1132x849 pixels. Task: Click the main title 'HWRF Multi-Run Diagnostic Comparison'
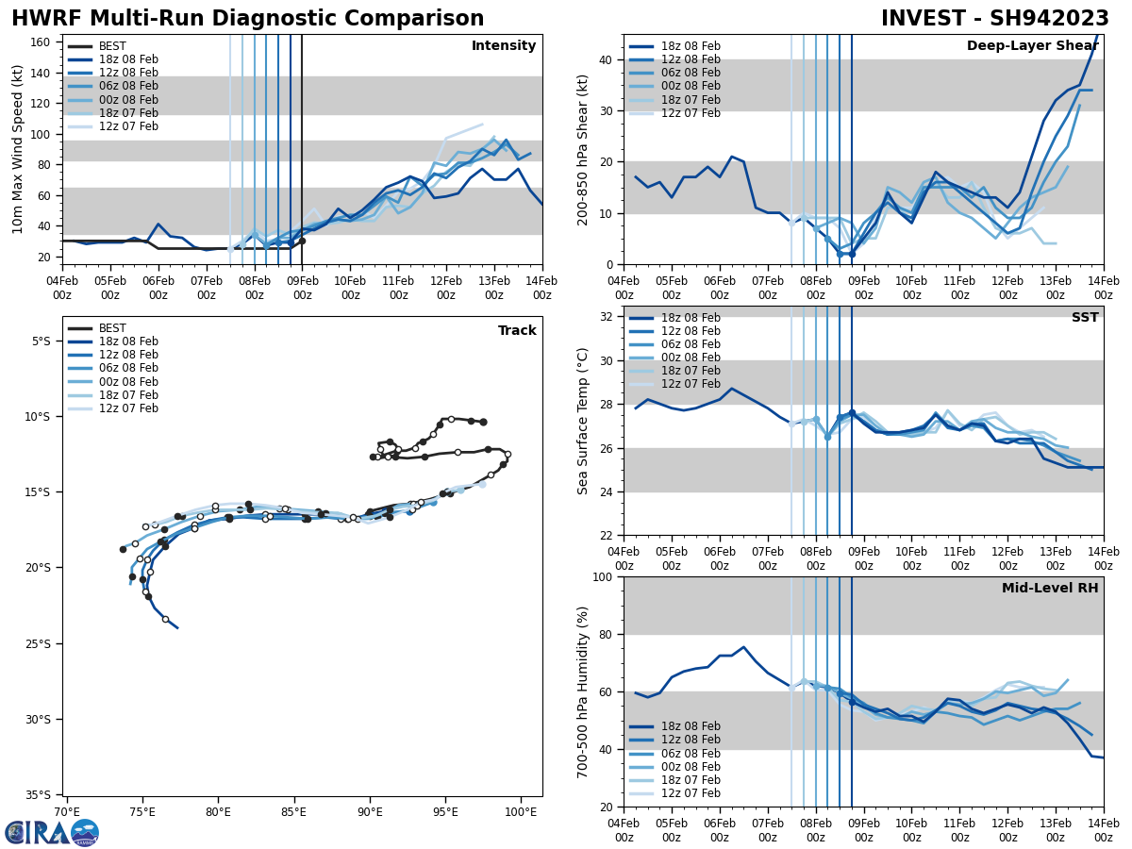coord(247,19)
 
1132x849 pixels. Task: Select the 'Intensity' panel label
coord(504,46)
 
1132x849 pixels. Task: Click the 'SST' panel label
coord(1085,318)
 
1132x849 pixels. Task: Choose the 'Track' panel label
coord(517,331)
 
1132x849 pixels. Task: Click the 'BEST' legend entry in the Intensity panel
coord(112,46)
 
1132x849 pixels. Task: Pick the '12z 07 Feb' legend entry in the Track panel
coord(128,408)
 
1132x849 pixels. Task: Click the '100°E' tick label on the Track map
coord(520,811)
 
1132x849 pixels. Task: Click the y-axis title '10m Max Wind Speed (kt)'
coord(18,149)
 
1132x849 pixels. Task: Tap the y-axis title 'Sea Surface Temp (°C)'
coord(583,421)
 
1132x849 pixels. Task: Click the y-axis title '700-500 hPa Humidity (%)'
coord(583,691)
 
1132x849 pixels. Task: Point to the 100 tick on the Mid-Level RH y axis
coord(604,577)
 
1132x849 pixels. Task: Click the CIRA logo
coord(52,832)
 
